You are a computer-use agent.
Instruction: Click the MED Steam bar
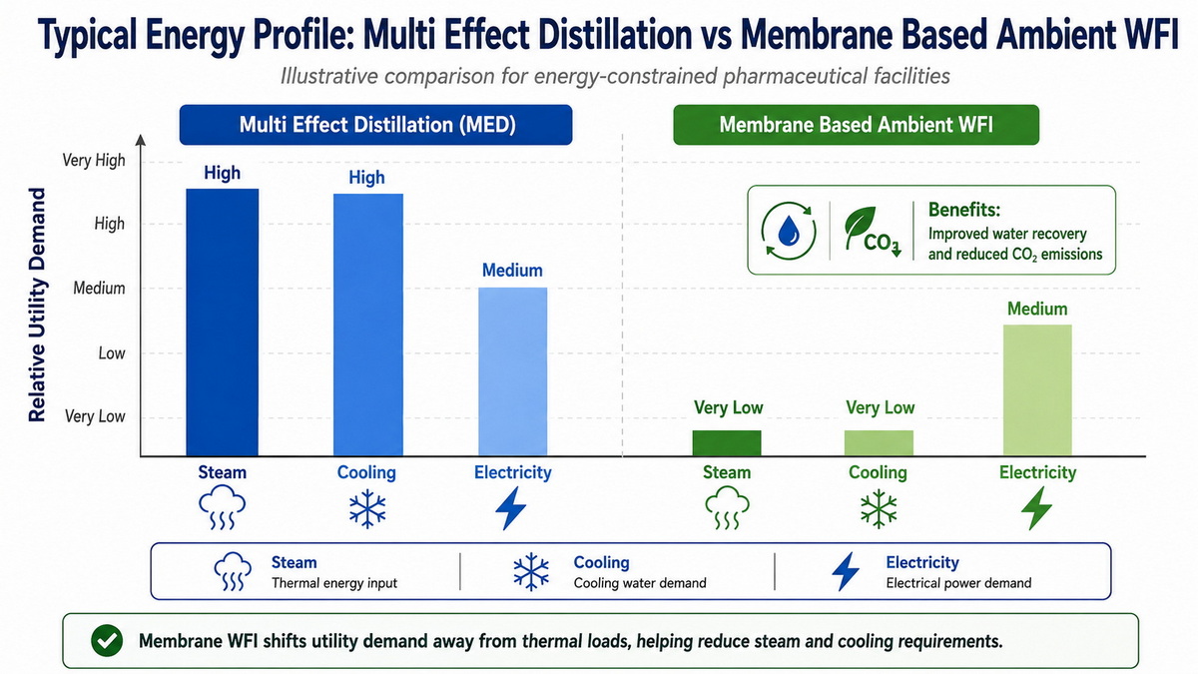point(222,322)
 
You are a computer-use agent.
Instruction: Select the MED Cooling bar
point(368,325)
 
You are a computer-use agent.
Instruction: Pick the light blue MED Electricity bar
point(512,371)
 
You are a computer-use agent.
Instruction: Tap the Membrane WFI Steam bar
point(727,443)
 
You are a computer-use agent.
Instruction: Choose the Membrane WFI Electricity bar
point(1037,390)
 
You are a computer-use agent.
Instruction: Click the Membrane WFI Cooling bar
point(879,443)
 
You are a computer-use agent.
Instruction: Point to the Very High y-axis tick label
point(94,160)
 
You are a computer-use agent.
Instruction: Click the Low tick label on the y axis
point(111,353)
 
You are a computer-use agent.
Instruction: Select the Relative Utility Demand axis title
point(37,305)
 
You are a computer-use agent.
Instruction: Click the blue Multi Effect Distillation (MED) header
point(376,125)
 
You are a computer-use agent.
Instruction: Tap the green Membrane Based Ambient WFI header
point(856,125)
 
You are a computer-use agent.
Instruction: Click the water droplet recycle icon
point(789,231)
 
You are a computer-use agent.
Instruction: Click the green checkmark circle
point(107,641)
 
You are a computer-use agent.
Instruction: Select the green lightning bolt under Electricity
point(1036,508)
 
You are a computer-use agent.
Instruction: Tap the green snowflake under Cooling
point(879,508)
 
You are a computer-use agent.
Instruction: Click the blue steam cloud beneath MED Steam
point(222,507)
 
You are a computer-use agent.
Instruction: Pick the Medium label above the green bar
point(1037,309)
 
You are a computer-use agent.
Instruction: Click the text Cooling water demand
point(640,582)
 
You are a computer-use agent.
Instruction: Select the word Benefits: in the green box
point(963,209)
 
